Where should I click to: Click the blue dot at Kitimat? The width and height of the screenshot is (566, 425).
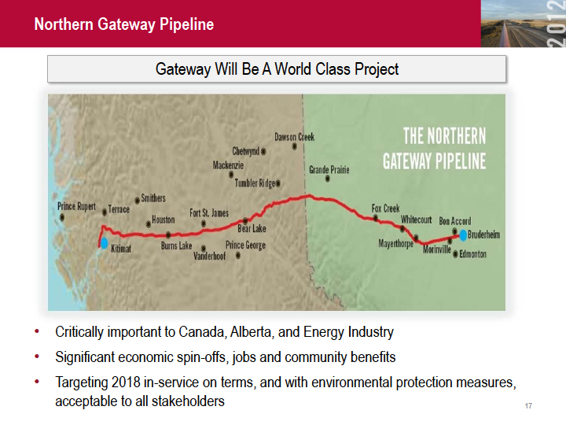(x=104, y=243)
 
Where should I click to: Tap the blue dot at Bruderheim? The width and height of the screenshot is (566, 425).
(x=463, y=235)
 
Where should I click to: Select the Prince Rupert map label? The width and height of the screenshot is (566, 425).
(x=76, y=206)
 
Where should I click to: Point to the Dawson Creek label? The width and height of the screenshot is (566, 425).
(x=295, y=137)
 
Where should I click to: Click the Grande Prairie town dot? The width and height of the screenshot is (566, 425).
(x=327, y=179)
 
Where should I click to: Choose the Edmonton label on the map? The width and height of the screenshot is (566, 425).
(x=472, y=254)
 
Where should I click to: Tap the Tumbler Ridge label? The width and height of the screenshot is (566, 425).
(x=255, y=183)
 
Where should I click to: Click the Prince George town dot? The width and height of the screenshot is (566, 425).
(x=238, y=256)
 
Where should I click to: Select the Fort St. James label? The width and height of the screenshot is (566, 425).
(x=209, y=213)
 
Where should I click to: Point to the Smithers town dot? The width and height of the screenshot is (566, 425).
(x=137, y=200)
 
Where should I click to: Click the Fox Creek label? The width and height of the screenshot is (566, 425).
(x=385, y=208)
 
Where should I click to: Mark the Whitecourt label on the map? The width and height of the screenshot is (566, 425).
(x=416, y=220)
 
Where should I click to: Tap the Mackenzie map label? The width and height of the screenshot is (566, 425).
(x=228, y=165)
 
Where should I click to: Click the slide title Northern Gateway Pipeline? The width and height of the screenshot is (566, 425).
(x=124, y=24)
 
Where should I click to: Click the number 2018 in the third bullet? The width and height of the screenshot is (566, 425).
(x=126, y=382)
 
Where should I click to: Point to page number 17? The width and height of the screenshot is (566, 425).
(x=528, y=406)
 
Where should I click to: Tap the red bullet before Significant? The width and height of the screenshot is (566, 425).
(x=37, y=357)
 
